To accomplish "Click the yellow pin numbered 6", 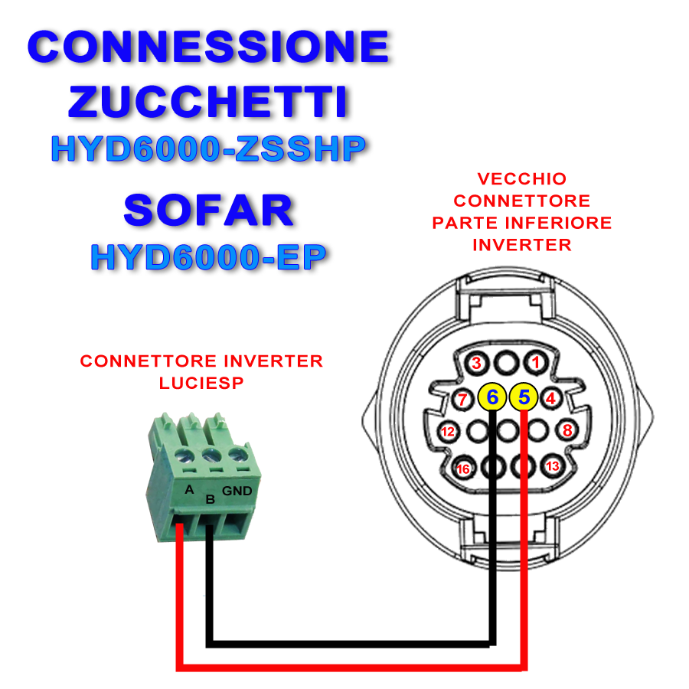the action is pyautogui.click(x=492, y=397).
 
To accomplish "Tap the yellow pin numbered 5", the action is pyautogui.click(x=524, y=397).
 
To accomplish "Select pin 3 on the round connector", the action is pyautogui.click(x=477, y=363).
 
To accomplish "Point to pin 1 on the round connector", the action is pyautogui.click(x=535, y=363).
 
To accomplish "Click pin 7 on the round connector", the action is pyautogui.click(x=462, y=400).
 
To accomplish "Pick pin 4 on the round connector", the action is pyautogui.click(x=550, y=399).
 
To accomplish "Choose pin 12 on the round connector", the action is pyautogui.click(x=448, y=432).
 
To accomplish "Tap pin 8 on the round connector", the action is pyautogui.click(x=567, y=430).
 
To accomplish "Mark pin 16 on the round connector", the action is pyautogui.click(x=463, y=469).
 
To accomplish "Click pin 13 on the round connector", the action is pyautogui.click(x=552, y=465).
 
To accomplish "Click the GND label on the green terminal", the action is pyautogui.click(x=237, y=491).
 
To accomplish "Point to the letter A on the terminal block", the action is pyautogui.click(x=189, y=489).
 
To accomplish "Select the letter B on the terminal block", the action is pyautogui.click(x=211, y=500).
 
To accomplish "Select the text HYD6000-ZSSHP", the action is pyautogui.click(x=209, y=149).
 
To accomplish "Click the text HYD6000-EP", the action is pyautogui.click(x=209, y=257).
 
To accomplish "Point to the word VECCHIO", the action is pyautogui.click(x=522, y=179).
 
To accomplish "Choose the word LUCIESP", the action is pyautogui.click(x=201, y=384).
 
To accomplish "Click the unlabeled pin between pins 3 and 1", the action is pyautogui.click(x=506, y=363).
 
